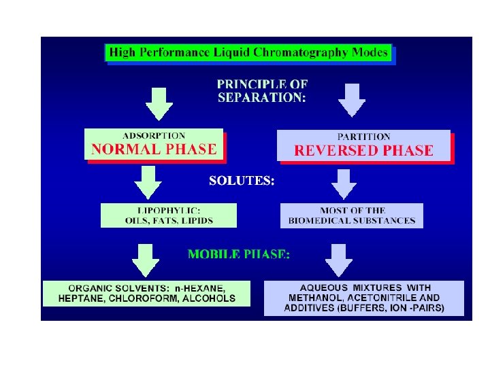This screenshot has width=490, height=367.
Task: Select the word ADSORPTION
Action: [x=154, y=136]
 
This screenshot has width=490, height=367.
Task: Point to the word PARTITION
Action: [x=364, y=137]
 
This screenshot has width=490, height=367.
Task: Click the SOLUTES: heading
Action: [x=242, y=181]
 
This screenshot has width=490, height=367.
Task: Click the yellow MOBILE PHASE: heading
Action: [x=239, y=254]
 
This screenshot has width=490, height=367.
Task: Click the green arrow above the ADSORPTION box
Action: [x=161, y=103]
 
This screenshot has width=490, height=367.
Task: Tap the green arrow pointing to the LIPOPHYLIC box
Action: [x=148, y=183]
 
